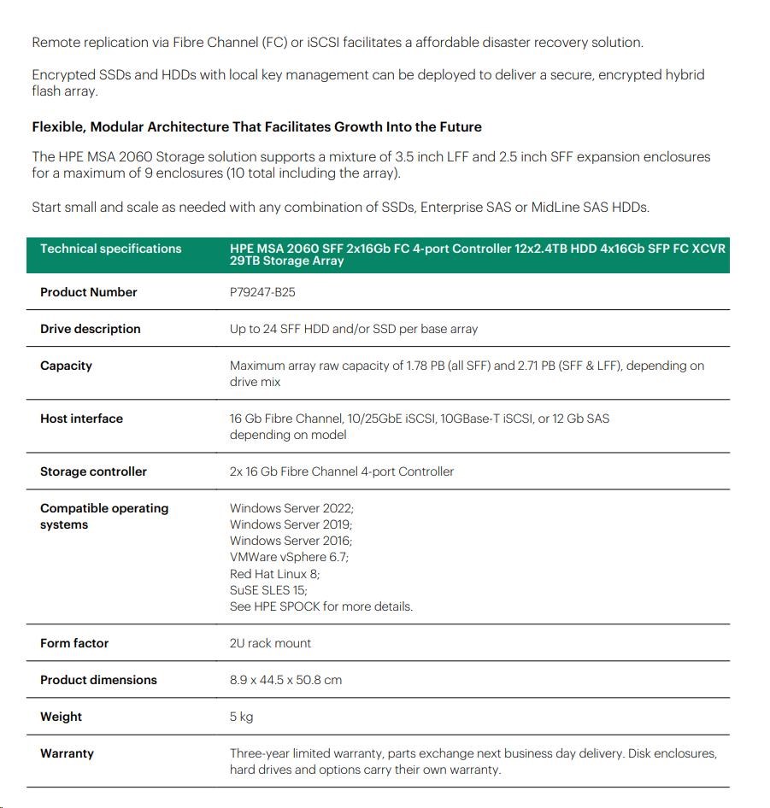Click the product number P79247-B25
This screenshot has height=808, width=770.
pyautogui.click(x=262, y=292)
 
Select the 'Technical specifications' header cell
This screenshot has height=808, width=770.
pyautogui.click(x=110, y=249)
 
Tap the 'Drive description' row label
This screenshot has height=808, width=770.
pyautogui.click(x=90, y=329)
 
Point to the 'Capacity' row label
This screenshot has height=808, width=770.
pyautogui.click(x=66, y=366)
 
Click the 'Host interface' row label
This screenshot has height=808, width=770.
pyautogui.click(x=81, y=419)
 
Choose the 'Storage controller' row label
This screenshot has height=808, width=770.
pyautogui.click(x=93, y=471)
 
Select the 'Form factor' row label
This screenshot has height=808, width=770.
pyautogui.click(x=74, y=643)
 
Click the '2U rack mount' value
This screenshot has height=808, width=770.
pyautogui.click(x=270, y=643)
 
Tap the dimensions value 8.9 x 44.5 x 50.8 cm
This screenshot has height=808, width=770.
pyautogui.click(x=285, y=680)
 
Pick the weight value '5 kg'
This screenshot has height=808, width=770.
pyautogui.click(x=241, y=717)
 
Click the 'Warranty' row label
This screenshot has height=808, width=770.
pyautogui.click(x=67, y=753)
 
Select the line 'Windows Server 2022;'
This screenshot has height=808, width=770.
pyautogui.click(x=291, y=508)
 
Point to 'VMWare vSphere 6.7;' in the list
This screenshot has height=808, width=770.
pyautogui.click(x=289, y=557)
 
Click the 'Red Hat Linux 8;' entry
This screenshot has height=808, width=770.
pyautogui.click(x=274, y=574)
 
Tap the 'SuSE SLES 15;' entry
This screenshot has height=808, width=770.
pyautogui.click(x=268, y=590)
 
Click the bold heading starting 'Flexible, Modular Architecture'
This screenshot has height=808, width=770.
pyautogui.click(x=256, y=127)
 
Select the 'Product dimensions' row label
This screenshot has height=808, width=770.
pyautogui.click(x=98, y=680)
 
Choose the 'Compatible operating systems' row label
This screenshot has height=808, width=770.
pyautogui.click(x=103, y=516)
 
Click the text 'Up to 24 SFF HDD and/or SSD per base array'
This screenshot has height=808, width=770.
pyautogui.click(x=354, y=329)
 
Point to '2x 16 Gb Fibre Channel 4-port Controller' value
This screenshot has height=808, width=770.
pyautogui.click(x=342, y=471)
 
